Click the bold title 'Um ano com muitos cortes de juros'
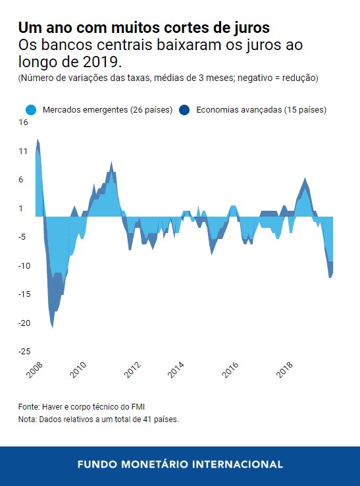143,28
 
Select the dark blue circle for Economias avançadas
185,110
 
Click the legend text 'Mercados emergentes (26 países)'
107,110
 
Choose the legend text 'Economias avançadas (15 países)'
261,110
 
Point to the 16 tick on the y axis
23,122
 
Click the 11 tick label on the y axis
23,151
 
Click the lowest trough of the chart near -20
53,325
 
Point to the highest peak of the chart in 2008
38,140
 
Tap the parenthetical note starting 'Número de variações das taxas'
168,78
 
